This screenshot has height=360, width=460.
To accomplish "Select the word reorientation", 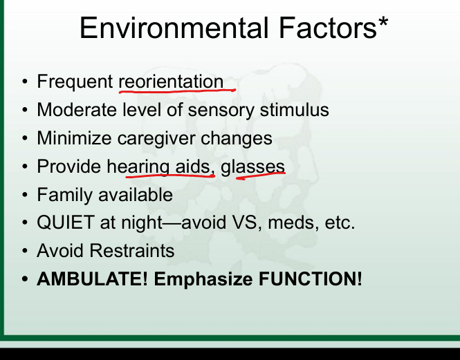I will (171, 82).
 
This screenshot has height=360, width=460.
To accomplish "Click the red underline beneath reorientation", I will (177, 91).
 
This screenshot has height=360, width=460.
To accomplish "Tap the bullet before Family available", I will (25, 196).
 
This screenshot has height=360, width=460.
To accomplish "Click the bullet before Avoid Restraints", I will (25, 252).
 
